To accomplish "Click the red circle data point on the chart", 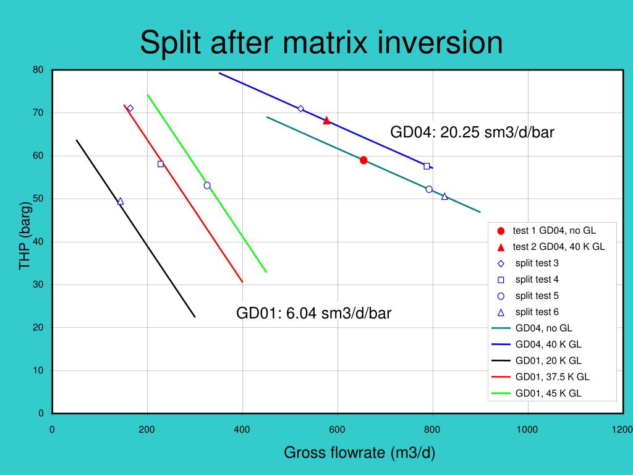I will coord(363,160).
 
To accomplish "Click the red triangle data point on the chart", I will coord(326,121).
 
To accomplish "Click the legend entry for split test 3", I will coord(537,263).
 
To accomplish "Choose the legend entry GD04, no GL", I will coord(543,328).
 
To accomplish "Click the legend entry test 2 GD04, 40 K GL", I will coord(558,247).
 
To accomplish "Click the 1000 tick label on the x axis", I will coord(527,430).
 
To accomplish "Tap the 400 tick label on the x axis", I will coord(242,430).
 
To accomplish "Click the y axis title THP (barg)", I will coord(25,235).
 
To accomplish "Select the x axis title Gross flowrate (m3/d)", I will coord(359,453).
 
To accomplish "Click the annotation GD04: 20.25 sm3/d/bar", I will coord(472,132).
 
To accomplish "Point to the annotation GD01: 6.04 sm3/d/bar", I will coord(313,314).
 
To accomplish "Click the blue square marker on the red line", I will coord(161,164).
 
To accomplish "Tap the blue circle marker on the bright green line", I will coord(207,186).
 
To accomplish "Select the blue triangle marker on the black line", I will coord(120,202).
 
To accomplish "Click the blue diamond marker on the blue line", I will coord(300,109).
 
